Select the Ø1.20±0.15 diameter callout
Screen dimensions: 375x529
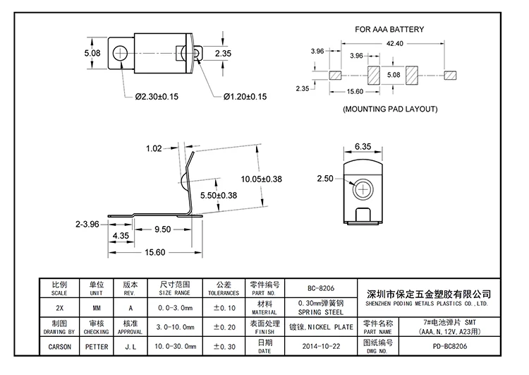(x=245, y=97)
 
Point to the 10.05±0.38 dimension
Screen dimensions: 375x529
(x=261, y=179)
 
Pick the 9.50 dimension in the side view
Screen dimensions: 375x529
(x=163, y=229)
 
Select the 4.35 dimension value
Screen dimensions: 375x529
(x=120, y=235)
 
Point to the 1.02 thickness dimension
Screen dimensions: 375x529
(x=154, y=148)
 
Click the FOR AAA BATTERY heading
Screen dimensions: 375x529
(x=389, y=29)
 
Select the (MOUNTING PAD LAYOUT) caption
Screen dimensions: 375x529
(x=389, y=109)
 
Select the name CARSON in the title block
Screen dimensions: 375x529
(x=59, y=347)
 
